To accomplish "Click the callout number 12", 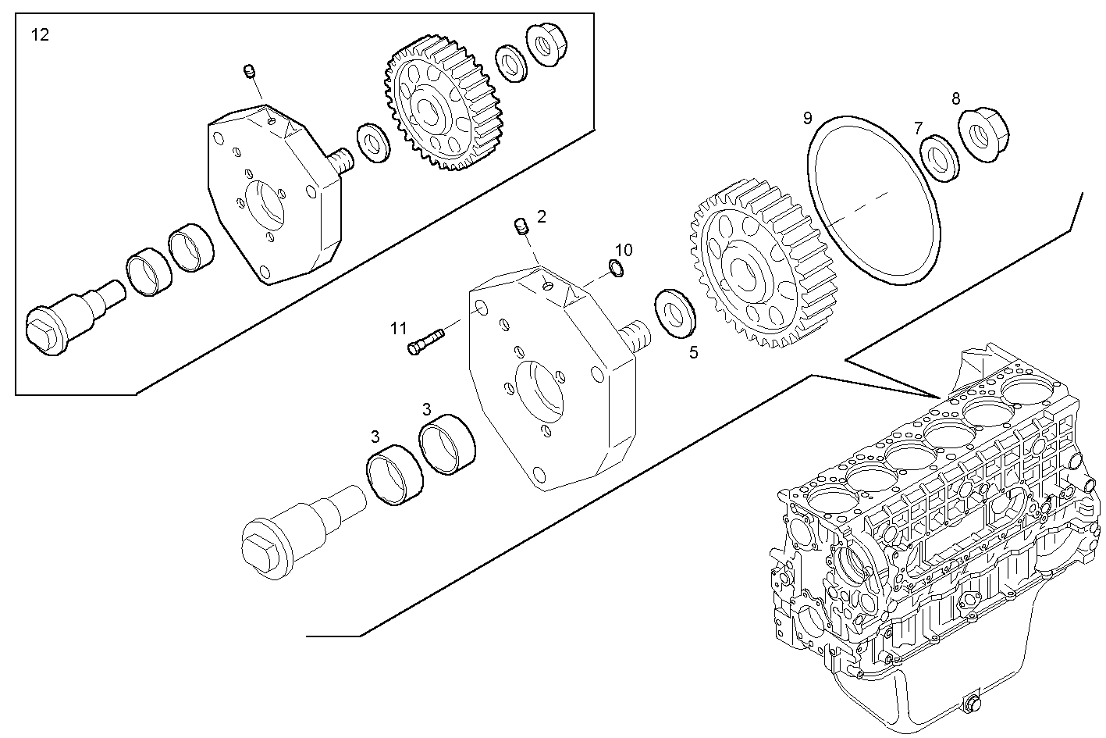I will [x=40, y=34].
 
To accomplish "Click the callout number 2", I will [x=542, y=216].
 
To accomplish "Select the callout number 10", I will [x=624, y=250].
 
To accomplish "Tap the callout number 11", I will [x=399, y=328].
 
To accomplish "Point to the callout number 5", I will [x=693, y=352].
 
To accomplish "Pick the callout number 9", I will [x=808, y=118].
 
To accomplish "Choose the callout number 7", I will [x=918, y=127].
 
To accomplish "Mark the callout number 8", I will [x=955, y=98].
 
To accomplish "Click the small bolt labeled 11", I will [x=425, y=341].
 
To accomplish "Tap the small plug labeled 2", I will [x=521, y=228].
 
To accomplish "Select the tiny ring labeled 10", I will [x=615, y=269].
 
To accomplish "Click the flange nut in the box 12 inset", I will [x=545, y=45].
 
